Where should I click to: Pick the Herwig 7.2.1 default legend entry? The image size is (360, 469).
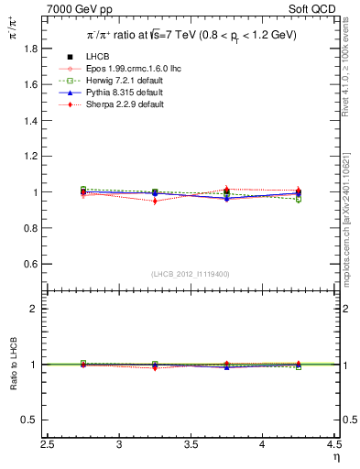pos(111,81)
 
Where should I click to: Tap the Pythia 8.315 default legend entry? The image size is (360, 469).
pos(111,93)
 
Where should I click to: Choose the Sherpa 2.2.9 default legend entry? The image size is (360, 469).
pos(112,104)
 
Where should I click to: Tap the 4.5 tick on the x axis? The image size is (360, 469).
pos(334,446)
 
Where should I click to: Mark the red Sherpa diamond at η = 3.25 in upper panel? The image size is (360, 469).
pos(156,201)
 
